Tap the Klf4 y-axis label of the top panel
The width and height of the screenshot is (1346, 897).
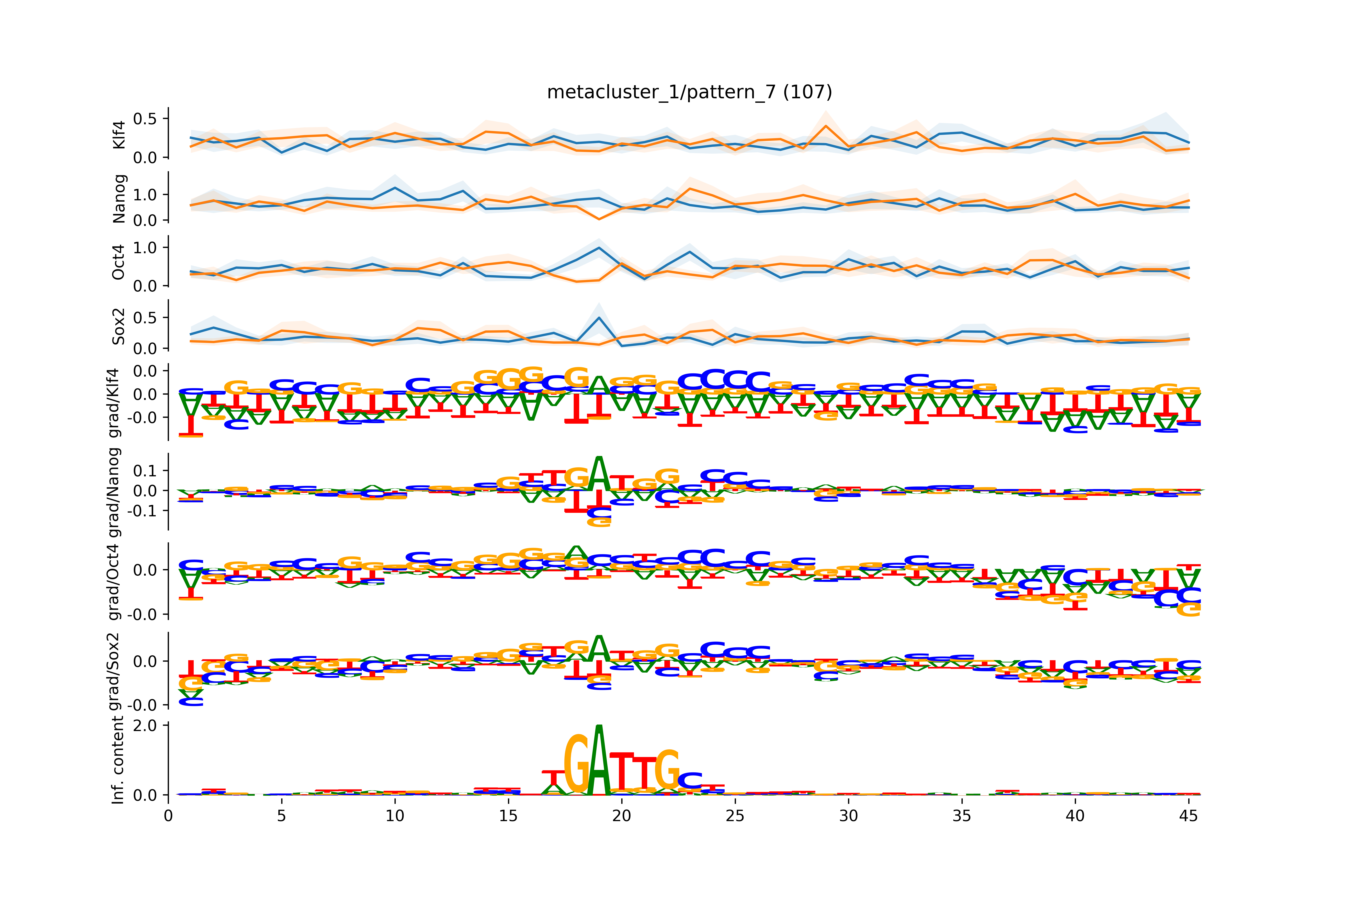point(119,135)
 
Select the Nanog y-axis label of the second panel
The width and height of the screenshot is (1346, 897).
point(119,198)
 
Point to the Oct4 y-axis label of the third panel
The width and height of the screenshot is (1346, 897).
point(119,262)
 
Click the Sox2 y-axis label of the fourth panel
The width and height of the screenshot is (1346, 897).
point(119,326)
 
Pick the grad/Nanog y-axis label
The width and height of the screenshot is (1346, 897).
point(114,492)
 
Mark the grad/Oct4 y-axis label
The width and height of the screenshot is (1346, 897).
point(114,582)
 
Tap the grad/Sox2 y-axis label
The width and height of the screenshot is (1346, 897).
point(114,671)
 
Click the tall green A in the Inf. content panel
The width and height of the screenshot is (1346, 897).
point(599,761)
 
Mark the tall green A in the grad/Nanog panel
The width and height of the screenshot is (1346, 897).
point(599,474)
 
